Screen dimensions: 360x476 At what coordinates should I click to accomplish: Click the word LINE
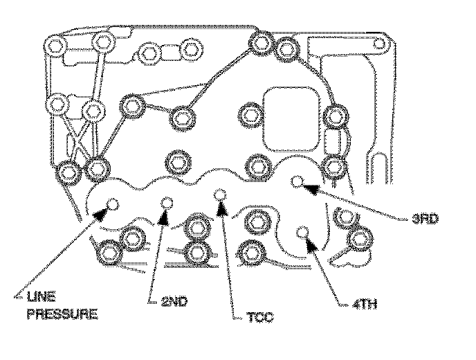point(44,299)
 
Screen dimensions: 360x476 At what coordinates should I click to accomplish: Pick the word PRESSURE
point(61,315)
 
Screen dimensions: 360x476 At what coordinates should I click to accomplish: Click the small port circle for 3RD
point(297,181)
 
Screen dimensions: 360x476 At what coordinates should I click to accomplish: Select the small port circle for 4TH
point(302,232)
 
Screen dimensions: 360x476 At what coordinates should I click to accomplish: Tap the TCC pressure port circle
point(221,195)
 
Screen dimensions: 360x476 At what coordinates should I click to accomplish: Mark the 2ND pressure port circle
point(166,203)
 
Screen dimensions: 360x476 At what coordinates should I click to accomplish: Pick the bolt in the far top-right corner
point(378,44)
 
